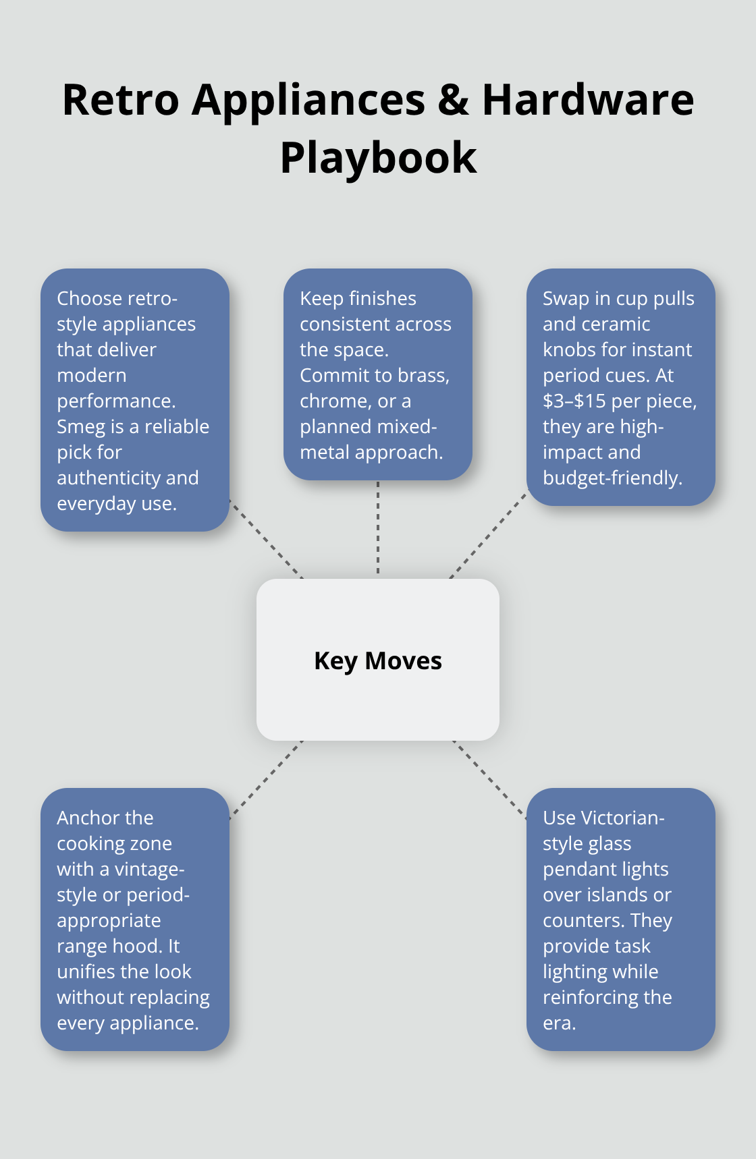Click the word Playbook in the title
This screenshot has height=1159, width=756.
378,158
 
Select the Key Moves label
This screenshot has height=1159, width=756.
378,661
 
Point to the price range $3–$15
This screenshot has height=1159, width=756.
574,401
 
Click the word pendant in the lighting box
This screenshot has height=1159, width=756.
575,869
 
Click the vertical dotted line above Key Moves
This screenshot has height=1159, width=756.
378,529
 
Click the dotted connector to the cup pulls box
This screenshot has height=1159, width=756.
487,536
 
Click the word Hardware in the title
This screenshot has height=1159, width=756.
587,100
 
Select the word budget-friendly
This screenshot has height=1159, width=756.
612,478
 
